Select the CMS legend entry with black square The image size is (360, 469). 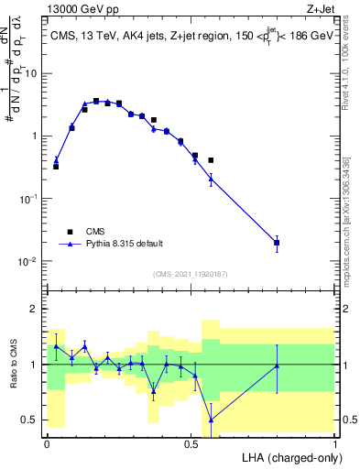94,232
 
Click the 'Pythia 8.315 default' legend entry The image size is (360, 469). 125,244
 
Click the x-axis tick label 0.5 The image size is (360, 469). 191,443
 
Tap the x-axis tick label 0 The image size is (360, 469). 47,443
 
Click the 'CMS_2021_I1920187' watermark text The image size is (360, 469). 191,273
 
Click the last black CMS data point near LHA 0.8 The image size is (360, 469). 277,244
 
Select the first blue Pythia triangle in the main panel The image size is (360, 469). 56,160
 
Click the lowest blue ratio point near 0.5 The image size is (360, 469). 211,420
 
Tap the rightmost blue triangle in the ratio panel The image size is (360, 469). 277,365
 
